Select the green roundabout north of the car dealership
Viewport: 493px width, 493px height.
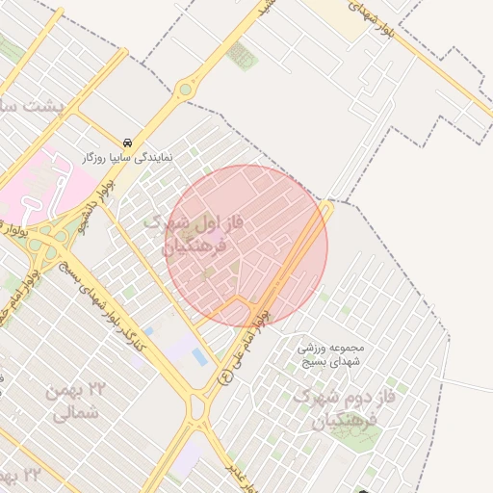click(x=185, y=91)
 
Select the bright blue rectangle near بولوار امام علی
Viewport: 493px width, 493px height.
click(x=199, y=357)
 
